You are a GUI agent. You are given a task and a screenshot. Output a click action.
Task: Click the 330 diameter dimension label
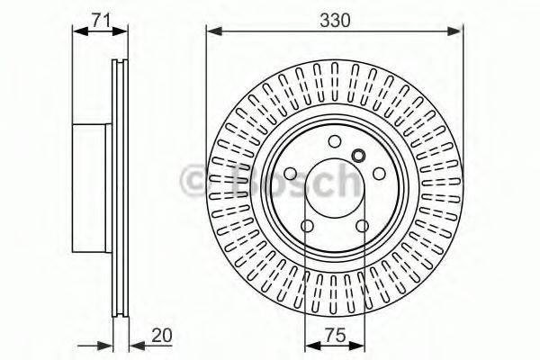click(333, 17)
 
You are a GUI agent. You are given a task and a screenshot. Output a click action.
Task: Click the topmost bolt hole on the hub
click(335, 141)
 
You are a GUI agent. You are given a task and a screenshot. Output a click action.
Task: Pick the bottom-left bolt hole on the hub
click(307, 227)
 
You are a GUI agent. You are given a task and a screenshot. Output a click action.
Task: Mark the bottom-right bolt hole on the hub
click(363, 227)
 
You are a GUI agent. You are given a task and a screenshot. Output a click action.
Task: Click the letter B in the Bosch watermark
click(236, 182)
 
